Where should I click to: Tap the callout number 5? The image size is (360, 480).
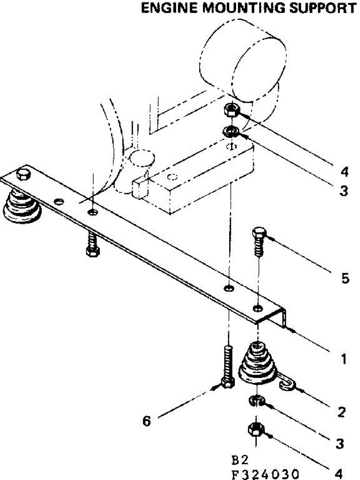click(345, 278)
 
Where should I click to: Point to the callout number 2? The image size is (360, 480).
click(341, 412)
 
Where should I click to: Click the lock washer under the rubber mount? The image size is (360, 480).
click(255, 400)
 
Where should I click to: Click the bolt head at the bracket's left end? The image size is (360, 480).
click(23, 174)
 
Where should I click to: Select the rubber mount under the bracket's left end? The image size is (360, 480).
click(22, 206)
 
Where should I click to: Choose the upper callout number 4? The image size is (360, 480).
click(344, 172)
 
